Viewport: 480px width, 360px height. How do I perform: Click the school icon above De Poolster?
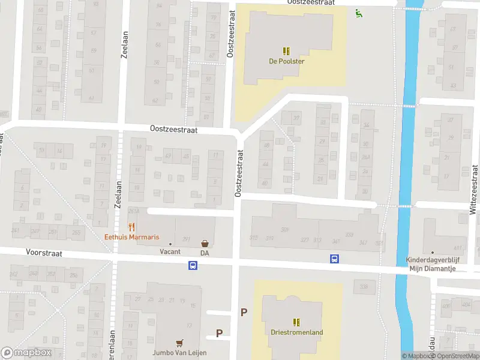click(x=286, y=51)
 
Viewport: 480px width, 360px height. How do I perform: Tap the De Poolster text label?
click(x=286, y=61)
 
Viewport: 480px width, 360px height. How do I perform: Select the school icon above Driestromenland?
click(x=296, y=322)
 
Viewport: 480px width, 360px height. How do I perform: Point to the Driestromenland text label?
click(x=296, y=332)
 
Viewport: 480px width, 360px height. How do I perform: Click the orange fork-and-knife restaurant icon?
click(x=132, y=227)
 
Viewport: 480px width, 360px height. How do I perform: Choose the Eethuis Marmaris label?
click(x=132, y=237)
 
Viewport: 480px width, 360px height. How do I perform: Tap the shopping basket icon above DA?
click(x=205, y=244)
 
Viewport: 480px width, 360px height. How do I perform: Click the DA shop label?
click(x=205, y=253)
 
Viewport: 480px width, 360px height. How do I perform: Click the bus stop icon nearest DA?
click(x=193, y=265)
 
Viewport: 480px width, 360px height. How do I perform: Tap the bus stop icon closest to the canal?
click(x=334, y=259)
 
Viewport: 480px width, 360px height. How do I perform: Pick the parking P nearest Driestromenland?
click(x=244, y=312)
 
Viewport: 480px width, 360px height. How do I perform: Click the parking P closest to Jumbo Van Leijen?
click(x=219, y=334)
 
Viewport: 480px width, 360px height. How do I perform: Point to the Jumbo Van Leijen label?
click(x=179, y=353)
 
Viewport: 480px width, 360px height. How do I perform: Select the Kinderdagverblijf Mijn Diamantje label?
click(x=431, y=264)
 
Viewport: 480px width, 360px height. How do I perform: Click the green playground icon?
click(x=359, y=13)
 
